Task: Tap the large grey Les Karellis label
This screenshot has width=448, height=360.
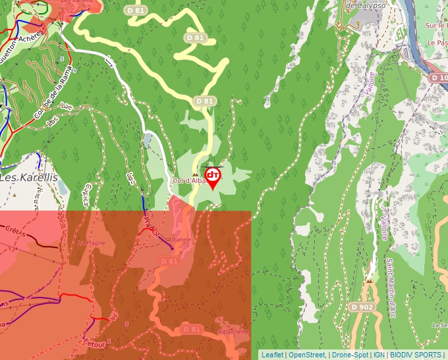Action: [x=28, y=178]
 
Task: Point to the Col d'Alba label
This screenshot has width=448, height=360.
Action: [x=187, y=181]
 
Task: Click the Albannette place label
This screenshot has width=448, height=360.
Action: [x=232, y=332]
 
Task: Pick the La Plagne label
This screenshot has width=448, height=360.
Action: [x=92, y=243]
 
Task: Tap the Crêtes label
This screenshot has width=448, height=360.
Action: [x=16, y=232]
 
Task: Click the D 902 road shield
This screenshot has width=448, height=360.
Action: [x=362, y=307]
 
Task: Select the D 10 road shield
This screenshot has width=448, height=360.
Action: [x=438, y=78]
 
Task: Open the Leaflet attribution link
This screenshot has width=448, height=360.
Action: [x=272, y=355]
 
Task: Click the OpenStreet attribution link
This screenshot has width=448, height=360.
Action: [x=306, y=355]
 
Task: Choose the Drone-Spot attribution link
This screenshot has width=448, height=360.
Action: [x=350, y=355]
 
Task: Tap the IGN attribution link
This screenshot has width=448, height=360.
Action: [x=379, y=355]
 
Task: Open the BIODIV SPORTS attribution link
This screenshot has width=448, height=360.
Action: [x=415, y=355]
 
